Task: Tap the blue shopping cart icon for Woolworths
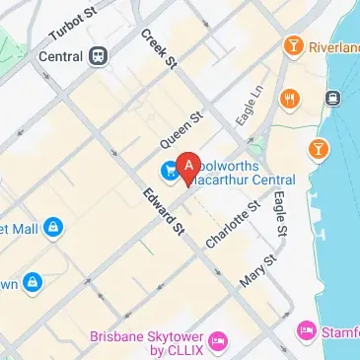click(x=169, y=171)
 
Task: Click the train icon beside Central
click(x=98, y=56)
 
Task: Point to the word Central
click(x=60, y=56)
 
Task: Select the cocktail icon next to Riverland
click(x=293, y=45)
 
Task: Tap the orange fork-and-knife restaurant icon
click(x=289, y=99)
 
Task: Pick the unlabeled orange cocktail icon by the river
click(x=319, y=149)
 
